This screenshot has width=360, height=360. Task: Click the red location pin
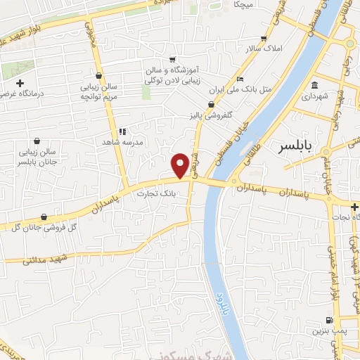(181, 165)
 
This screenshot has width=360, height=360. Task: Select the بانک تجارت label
(155, 192)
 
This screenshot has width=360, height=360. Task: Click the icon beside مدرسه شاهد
(122, 131)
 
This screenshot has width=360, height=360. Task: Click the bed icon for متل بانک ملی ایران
(240, 79)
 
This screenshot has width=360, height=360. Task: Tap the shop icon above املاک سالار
(264, 39)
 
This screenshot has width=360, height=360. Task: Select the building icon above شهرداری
(314, 86)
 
